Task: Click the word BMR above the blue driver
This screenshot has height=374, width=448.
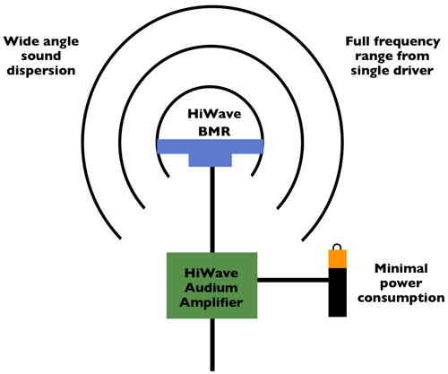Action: (x=214, y=132)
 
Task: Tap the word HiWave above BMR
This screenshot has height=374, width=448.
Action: (x=214, y=114)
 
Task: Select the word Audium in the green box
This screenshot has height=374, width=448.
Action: (x=211, y=288)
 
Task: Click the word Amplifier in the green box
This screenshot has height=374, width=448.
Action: (x=211, y=303)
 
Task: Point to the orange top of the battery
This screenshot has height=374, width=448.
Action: (x=338, y=259)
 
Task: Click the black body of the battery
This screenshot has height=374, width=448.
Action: (x=338, y=292)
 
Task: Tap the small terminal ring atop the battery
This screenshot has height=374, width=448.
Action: (x=337, y=248)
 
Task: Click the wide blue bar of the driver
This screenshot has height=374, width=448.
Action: (x=211, y=146)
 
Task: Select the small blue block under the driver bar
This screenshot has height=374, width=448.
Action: (x=211, y=160)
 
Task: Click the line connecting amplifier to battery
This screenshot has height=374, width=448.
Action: (x=293, y=280)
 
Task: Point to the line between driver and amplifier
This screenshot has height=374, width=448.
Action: (x=212, y=210)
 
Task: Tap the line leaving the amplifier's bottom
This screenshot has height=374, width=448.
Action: (x=212, y=344)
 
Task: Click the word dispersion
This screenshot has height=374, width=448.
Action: (x=41, y=71)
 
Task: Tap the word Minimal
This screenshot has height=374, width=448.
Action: (x=401, y=268)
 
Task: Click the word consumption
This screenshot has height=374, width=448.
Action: (x=401, y=298)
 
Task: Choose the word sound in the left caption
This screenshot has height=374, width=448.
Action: (x=41, y=56)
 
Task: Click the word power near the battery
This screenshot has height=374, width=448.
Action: (x=401, y=283)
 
